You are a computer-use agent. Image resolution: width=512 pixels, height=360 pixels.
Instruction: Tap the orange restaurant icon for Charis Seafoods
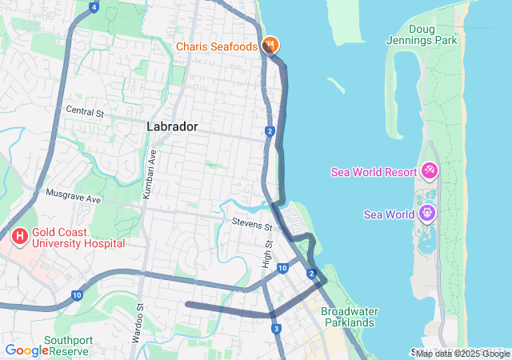pyautogui.click(x=270, y=46)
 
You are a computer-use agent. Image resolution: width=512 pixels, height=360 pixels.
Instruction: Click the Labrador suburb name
pyautogui.click(x=172, y=126)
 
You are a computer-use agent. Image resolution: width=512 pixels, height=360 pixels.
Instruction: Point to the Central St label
pyautogui.click(x=85, y=112)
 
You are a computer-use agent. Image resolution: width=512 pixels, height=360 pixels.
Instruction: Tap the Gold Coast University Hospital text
pyautogui.click(x=78, y=237)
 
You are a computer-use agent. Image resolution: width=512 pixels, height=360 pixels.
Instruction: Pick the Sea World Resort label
pyautogui.click(x=374, y=172)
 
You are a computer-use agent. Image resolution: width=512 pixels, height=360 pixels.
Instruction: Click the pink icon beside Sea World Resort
pyautogui.click(x=429, y=171)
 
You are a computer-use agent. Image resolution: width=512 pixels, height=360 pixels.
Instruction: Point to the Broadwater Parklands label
pyautogui.click(x=348, y=317)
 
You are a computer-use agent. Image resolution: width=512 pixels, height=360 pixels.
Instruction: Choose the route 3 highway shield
pyautogui.click(x=276, y=329)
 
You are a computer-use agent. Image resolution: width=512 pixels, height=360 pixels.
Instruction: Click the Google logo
pyautogui.click(x=26, y=350)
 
